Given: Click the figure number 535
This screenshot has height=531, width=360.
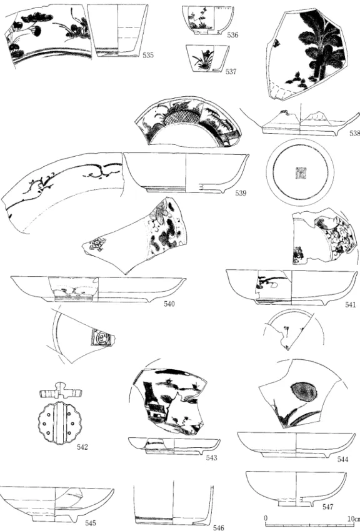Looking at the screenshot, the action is pyautogui.click(x=148, y=55).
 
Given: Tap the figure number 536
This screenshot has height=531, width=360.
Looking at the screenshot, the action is pyautogui.click(x=232, y=35).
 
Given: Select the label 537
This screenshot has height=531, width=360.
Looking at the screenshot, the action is pyautogui.click(x=231, y=71).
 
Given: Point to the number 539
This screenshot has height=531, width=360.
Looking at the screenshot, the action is pyautogui.click(x=241, y=194).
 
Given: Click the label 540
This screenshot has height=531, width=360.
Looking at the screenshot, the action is pyautogui.click(x=169, y=304).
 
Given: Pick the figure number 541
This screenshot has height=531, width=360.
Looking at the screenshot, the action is pyautogui.click(x=351, y=304).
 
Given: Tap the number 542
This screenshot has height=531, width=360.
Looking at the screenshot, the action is pyautogui.click(x=82, y=447).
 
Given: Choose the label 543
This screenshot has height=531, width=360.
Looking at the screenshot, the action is pyautogui.click(x=212, y=458).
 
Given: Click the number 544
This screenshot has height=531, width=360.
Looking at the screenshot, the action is pyautogui.click(x=342, y=459).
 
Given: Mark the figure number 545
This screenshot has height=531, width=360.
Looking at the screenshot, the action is pyautogui.click(x=91, y=523).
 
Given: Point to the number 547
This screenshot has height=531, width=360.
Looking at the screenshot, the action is pyautogui.click(x=328, y=507).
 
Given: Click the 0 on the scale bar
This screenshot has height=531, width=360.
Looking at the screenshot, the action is pyautogui.click(x=266, y=519).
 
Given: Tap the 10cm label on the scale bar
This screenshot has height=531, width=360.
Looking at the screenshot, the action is pyautogui.click(x=353, y=519).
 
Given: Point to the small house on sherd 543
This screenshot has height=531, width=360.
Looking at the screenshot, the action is pyautogui.click(x=157, y=410).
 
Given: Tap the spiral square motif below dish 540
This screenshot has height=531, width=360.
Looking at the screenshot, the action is pyautogui.click(x=101, y=337).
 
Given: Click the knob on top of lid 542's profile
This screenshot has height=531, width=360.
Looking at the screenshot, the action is pyautogui.click(x=61, y=386).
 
